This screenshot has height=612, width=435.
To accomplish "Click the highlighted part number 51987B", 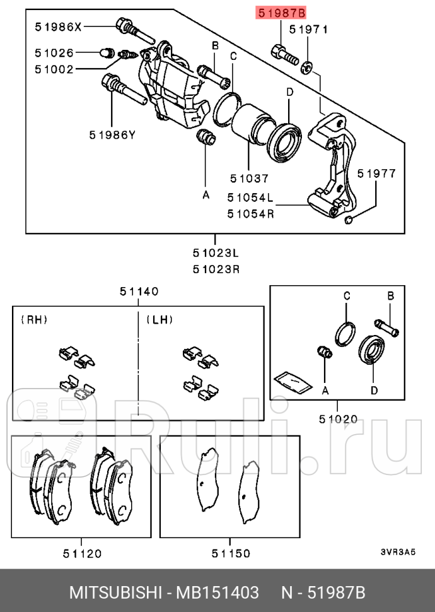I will (x=280, y=13).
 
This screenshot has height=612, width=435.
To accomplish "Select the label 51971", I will (x=308, y=29).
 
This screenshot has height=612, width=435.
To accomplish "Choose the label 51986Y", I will (x=112, y=134).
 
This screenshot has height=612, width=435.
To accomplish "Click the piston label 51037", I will (x=249, y=179).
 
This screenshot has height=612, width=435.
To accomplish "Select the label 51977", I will (x=377, y=174).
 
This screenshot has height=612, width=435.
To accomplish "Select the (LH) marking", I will (x=159, y=320).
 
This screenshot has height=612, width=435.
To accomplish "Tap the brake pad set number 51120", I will (x=81, y=554).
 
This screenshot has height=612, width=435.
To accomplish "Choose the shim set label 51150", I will (x=230, y=554).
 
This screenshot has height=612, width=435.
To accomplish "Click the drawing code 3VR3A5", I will (x=398, y=551).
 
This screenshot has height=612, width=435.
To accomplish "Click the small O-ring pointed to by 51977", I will (x=349, y=220).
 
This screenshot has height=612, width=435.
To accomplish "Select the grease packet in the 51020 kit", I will (x=292, y=382).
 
